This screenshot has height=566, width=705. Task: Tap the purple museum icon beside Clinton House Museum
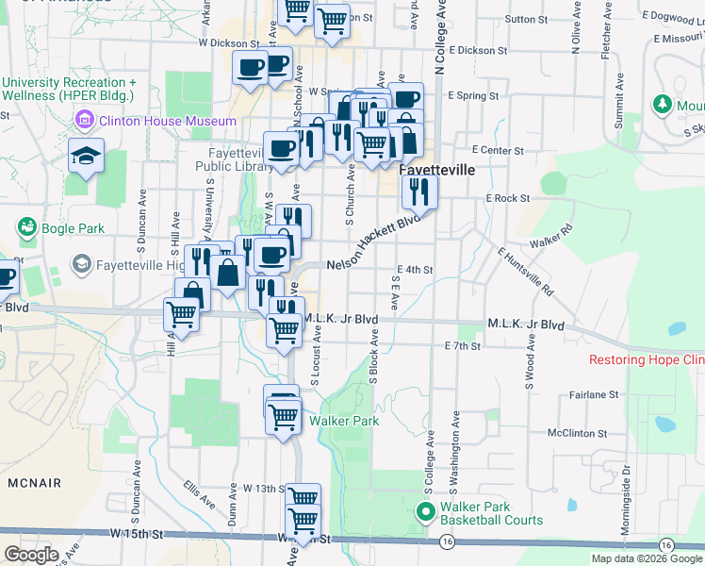pyautogui.click(x=85, y=121)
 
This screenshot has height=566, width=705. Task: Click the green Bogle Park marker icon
pyautogui.click(x=26, y=227)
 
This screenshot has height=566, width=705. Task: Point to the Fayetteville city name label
pyautogui.click(x=435, y=171)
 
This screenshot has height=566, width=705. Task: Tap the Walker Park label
pyautogui.click(x=344, y=421)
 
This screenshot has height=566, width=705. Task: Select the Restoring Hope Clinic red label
pyautogui.click(x=647, y=360)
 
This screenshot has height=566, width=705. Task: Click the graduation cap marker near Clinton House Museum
pyautogui.click(x=87, y=157)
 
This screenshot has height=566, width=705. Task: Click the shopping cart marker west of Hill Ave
pyautogui.click(x=181, y=314)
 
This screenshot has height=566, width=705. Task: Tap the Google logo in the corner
pyautogui.click(x=32, y=555)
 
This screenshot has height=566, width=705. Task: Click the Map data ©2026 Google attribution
pyautogui.click(x=647, y=558)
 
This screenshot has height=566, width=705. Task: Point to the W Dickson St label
pyautogui.click(x=228, y=43)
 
